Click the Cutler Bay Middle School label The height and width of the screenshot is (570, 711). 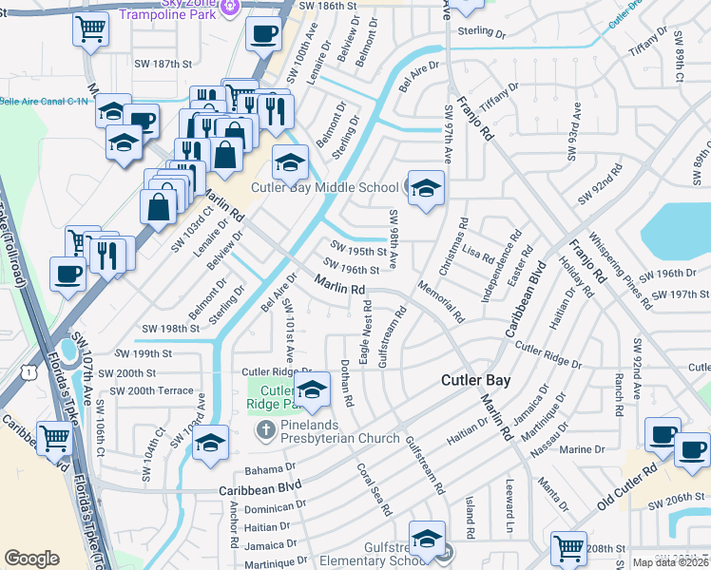(324, 187)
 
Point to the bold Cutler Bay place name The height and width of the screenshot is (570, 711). (475, 380)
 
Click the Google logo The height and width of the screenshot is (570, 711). (31, 559)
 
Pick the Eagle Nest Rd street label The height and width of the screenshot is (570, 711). (365, 336)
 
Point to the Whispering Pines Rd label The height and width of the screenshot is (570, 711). (619, 270)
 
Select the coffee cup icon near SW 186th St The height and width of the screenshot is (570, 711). (263, 33)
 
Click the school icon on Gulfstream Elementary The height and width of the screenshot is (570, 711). (427, 536)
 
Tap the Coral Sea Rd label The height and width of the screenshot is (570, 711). (375, 488)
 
